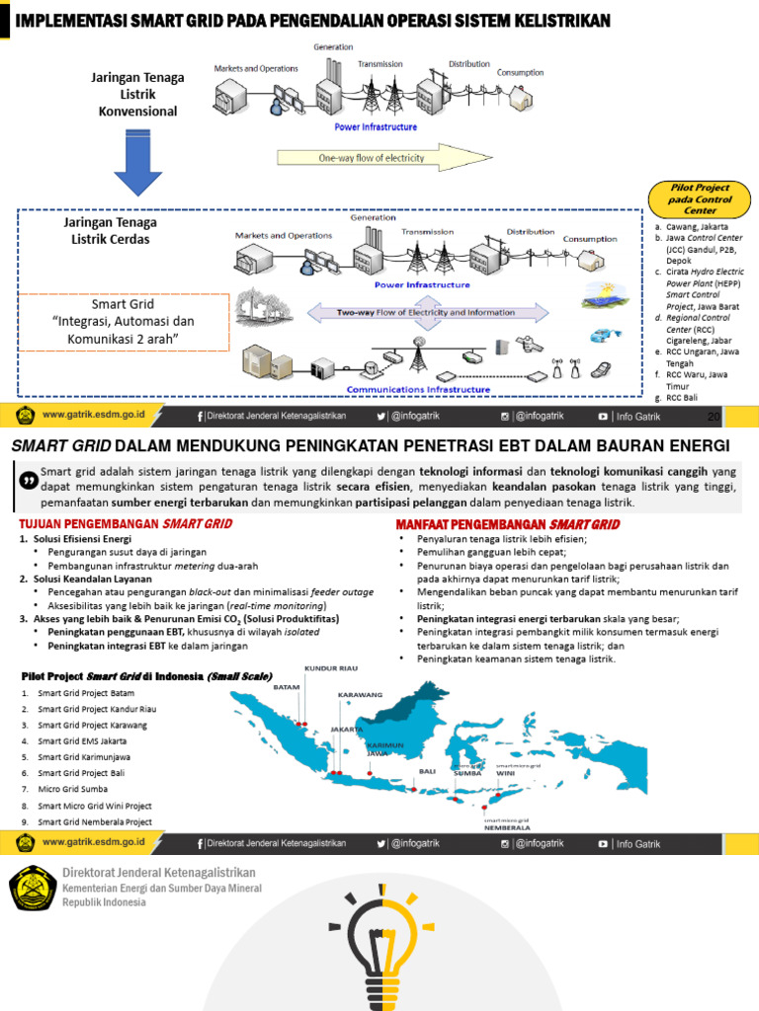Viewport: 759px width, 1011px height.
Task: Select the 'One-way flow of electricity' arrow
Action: click(x=371, y=158)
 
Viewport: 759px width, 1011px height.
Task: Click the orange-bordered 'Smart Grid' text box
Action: click(x=123, y=322)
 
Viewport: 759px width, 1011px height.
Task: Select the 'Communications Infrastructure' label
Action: click(x=431, y=390)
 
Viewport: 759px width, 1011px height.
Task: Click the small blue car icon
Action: click(x=600, y=336)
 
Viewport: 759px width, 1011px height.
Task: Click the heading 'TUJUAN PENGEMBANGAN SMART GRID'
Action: click(x=126, y=524)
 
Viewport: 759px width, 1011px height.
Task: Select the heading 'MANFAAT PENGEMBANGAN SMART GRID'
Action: click(x=508, y=524)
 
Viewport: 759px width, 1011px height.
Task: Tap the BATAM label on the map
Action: click(x=286, y=687)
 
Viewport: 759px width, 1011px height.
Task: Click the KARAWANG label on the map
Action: click(x=360, y=694)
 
